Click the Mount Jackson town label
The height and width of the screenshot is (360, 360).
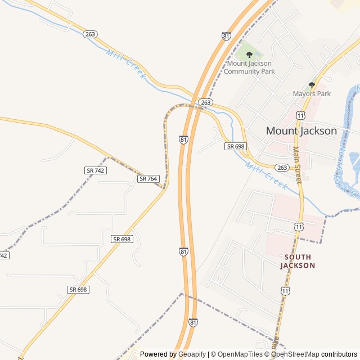301,131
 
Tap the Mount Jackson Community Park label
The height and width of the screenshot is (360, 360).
249,67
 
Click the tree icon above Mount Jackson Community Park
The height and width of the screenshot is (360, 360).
249,55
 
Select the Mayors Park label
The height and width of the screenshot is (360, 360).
312,94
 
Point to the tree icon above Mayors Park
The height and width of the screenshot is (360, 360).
312,85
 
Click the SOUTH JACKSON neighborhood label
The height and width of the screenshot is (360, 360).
297,261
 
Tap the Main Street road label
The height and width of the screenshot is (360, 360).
296,165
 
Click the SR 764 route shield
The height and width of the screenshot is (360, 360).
148,179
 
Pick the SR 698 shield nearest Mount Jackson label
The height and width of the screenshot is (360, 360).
236,146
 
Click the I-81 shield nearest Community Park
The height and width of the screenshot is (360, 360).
226,36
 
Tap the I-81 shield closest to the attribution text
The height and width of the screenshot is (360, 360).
193,322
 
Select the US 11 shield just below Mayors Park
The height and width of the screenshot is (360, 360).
301,115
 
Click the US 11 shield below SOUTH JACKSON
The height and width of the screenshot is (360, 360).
286,291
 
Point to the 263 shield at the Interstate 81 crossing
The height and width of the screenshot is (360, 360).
206,102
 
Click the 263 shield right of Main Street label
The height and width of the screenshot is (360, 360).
282,168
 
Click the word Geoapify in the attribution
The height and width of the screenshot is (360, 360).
192,354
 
